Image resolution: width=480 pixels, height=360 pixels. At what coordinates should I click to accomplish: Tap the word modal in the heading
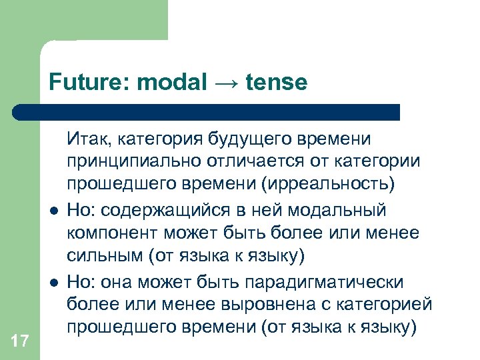click(171, 82)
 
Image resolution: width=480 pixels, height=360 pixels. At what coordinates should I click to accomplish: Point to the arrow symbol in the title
click(227, 83)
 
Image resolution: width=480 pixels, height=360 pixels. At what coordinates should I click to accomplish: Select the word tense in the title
click(277, 83)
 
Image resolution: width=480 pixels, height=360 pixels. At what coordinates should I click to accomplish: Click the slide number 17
click(20, 341)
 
